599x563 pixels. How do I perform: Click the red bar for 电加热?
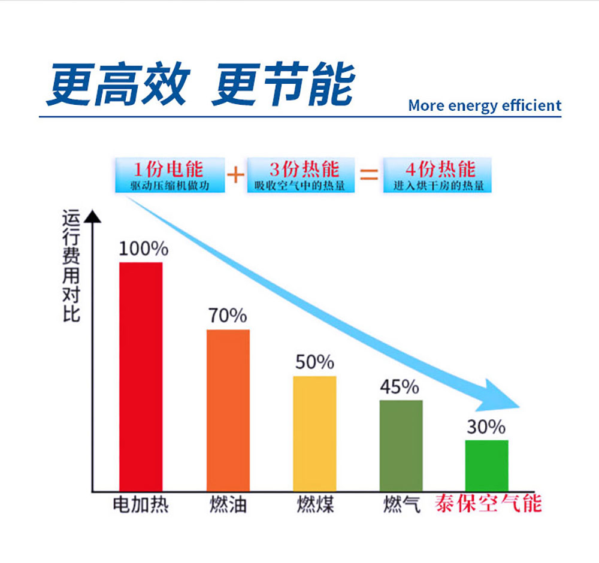[x=141, y=376]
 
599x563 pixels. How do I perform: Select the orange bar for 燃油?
[x=228, y=410]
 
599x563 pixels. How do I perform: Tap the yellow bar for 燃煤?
[x=314, y=433]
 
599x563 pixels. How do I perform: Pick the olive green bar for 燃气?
[x=401, y=445]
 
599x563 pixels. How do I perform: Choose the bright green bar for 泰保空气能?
[x=487, y=465]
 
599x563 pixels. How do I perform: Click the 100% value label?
[x=143, y=248]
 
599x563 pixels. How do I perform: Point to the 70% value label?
[x=228, y=316]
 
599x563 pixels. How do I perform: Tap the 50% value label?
[x=314, y=362]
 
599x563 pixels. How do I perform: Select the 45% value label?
[x=400, y=387]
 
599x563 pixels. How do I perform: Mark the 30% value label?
[x=486, y=427]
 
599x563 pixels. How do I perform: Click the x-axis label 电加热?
[x=141, y=505]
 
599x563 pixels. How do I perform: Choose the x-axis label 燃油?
[x=228, y=505]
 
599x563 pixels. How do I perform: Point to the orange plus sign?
[x=235, y=175]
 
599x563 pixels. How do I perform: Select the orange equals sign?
[x=368, y=175]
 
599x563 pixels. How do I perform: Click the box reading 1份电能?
[x=170, y=175]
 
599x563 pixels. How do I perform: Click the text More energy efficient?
[x=485, y=106]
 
